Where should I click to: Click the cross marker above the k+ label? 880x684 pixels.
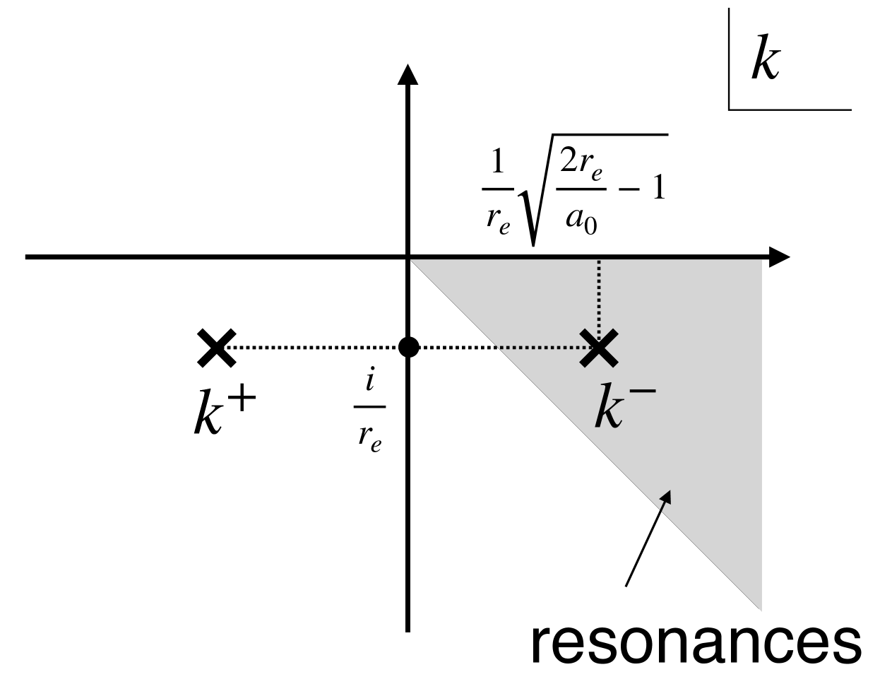(217, 347)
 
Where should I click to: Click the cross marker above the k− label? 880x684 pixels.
(598, 348)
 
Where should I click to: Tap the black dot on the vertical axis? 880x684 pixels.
(409, 347)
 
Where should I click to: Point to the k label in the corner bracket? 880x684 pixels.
(765, 61)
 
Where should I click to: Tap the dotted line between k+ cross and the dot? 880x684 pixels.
(314, 348)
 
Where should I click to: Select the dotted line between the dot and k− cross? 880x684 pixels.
(501, 348)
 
